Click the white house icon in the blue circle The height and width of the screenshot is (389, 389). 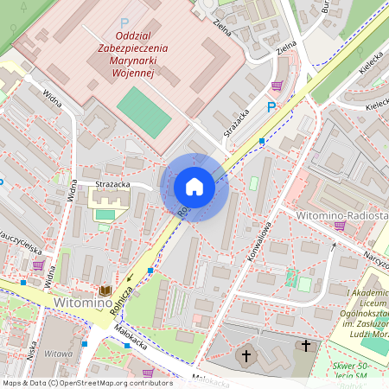(194, 187)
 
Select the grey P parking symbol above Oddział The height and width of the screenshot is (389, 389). (124, 23)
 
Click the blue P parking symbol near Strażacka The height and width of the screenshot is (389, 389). (271, 107)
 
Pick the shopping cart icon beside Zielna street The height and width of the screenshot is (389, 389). (277, 86)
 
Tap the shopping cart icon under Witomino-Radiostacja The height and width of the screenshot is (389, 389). (340, 226)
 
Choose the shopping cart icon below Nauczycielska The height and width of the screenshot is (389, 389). (38, 265)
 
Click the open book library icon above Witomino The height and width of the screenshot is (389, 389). (105, 290)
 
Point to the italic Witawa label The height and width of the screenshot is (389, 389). (58, 354)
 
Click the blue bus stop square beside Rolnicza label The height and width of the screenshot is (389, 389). (150, 271)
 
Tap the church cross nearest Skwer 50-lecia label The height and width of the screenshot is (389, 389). (304, 346)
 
